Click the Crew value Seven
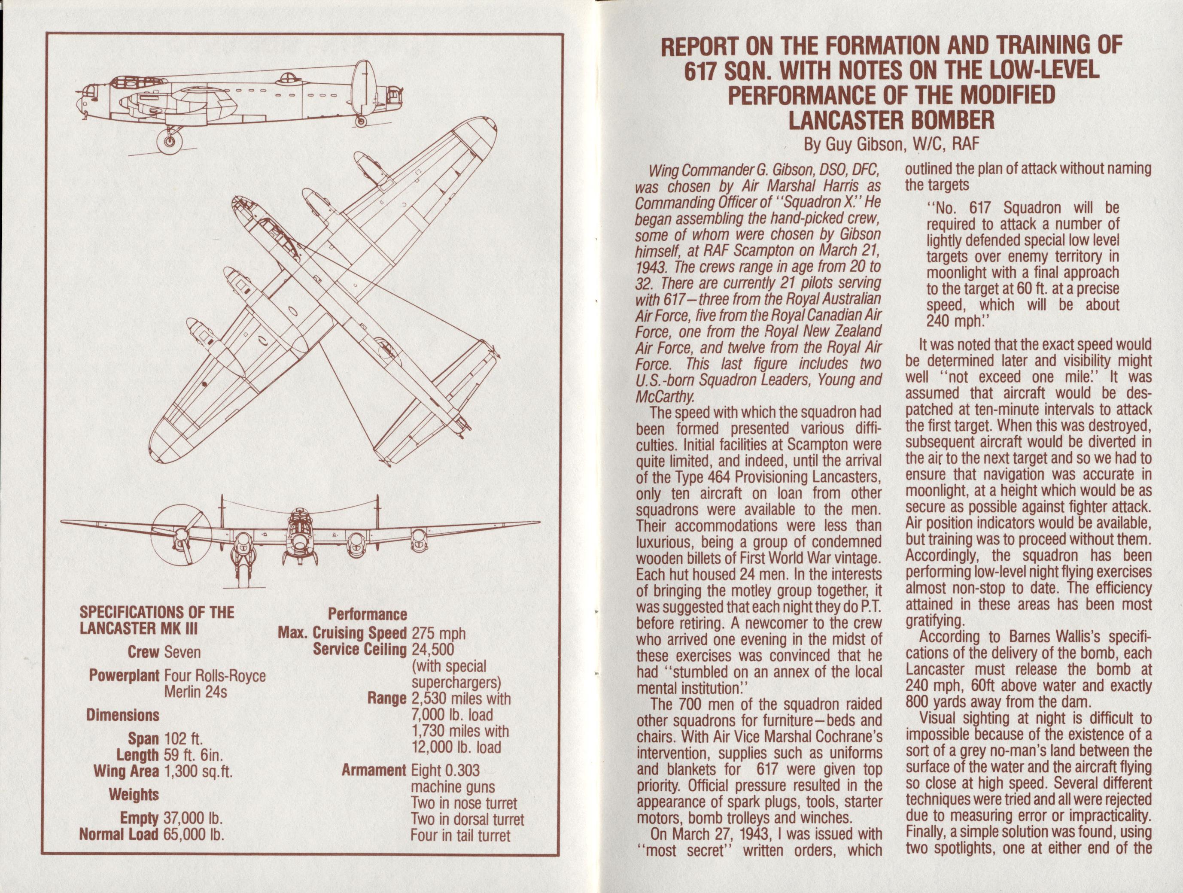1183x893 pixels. coord(183,653)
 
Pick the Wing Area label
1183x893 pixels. coord(126,771)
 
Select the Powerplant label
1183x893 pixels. coord(125,676)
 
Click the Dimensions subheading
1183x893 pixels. coord(123,715)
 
